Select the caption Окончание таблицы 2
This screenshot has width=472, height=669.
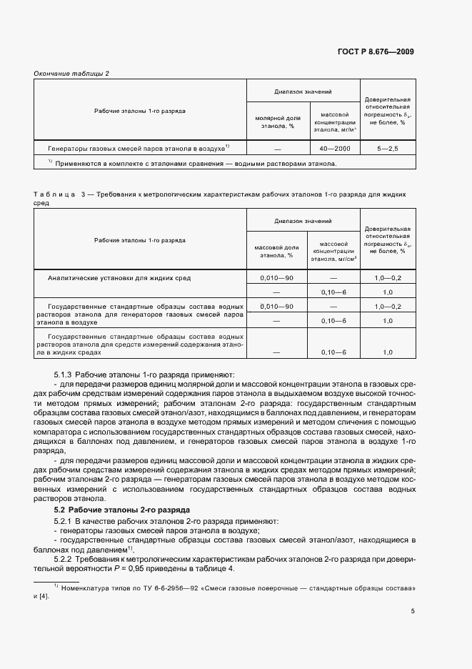coord(72,74)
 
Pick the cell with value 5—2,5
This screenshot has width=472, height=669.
coord(388,149)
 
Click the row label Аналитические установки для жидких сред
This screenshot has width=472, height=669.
coord(119,277)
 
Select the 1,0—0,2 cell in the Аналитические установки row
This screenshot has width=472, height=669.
coord(388,277)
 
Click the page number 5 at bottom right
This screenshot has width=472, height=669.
coord(412,611)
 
